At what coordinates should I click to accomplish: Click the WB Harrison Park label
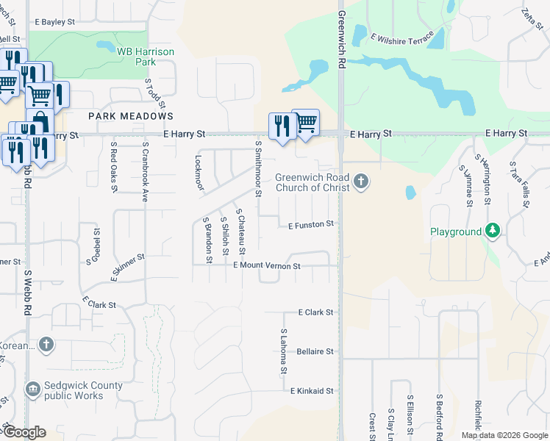pyautogui.click(x=146, y=56)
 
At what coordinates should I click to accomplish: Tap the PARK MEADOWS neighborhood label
pyautogui.click(x=131, y=116)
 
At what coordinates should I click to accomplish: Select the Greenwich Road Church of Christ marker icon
pyautogui.click(x=360, y=181)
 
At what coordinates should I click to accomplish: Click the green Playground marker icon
pyautogui.click(x=492, y=232)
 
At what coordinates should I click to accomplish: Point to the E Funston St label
pyautogui.click(x=311, y=223)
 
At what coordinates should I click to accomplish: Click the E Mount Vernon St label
pyautogui.click(x=266, y=265)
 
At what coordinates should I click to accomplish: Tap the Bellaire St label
pyautogui.click(x=315, y=351)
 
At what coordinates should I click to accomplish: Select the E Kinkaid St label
pyautogui.click(x=312, y=391)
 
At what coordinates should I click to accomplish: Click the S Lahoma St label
pyautogui.click(x=283, y=351)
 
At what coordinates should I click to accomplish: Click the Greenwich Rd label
pyautogui.click(x=342, y=40)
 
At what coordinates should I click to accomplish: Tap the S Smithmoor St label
pyautogui.click(x=258, y=169)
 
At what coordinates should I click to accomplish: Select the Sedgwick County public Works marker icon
pyautogui.click(x=33, y=389)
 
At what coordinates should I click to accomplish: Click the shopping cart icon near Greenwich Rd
pyautogui.click(x=306, y=123)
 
